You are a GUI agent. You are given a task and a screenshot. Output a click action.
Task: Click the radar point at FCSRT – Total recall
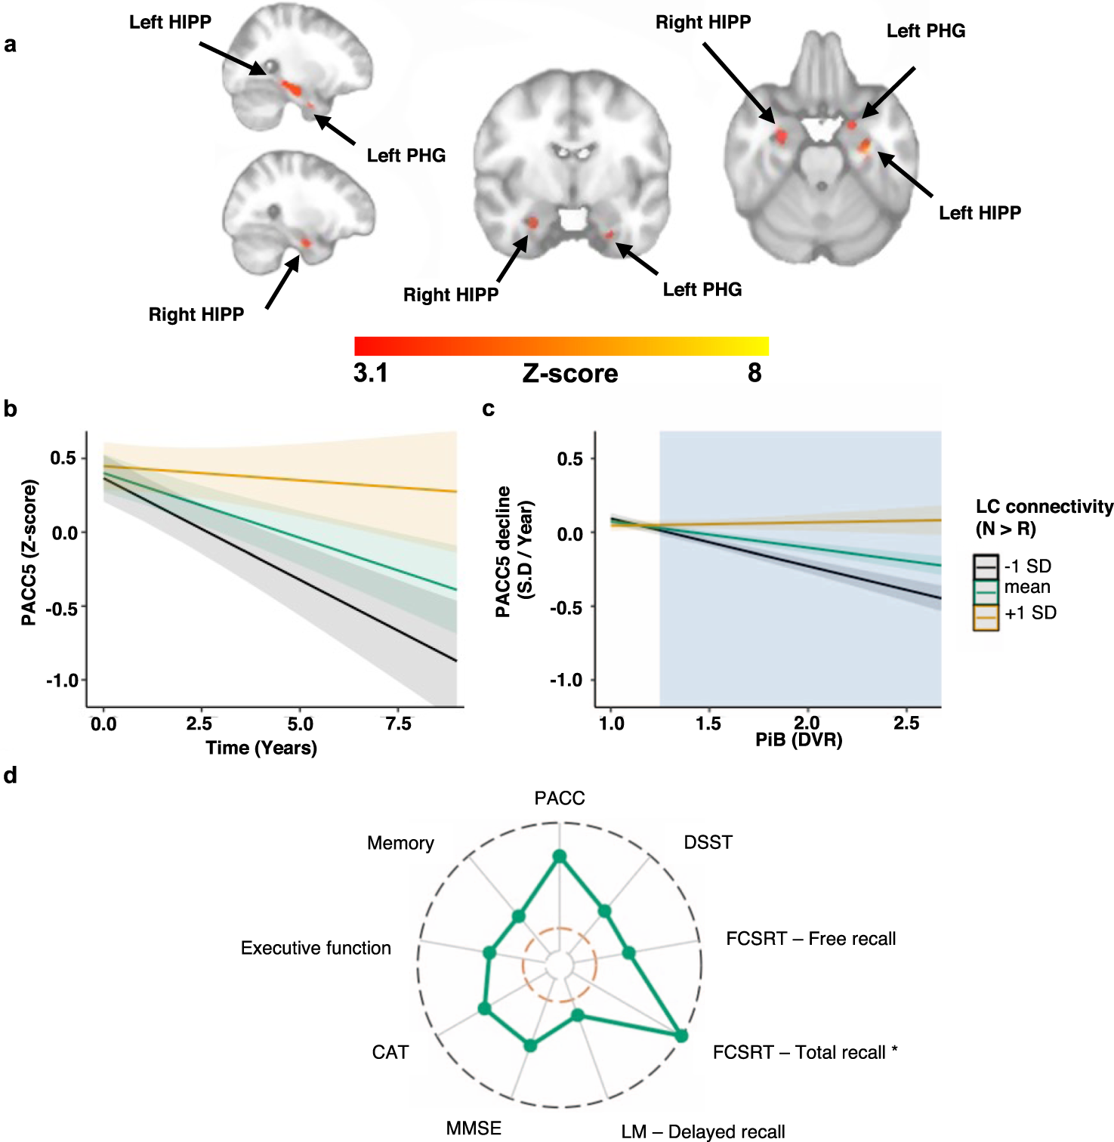(x=680, y=1036)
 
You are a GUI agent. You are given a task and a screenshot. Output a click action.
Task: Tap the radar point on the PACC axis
(x=560, y=856)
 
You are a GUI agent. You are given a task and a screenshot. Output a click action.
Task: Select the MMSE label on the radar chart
(x=474, y=1128)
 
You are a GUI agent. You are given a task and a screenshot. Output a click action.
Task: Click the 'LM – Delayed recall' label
(x=702, y=1131)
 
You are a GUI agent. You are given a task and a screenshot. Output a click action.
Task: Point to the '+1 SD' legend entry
(x=1030, y=613)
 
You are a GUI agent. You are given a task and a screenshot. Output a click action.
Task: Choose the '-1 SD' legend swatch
(x=986, y=566)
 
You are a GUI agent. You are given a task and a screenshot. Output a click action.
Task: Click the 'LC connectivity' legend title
(x=1044, y=507)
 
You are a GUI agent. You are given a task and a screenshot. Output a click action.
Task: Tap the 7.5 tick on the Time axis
(x=398, y=724)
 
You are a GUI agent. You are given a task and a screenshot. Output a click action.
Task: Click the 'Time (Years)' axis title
(x=261, y=748)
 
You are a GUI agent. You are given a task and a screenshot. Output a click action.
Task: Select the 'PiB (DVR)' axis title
(x=798, y=739)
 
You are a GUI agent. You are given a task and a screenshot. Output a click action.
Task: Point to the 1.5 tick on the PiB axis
(x=708, y=724)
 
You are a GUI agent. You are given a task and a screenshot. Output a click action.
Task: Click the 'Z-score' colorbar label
(x=570, y=373)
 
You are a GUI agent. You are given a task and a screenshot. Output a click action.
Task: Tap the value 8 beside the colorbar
(x=754, y=372)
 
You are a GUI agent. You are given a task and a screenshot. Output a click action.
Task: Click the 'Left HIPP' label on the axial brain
(x=980, y=213)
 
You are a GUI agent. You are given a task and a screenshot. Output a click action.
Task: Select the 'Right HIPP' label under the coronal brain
(x=451, y=295)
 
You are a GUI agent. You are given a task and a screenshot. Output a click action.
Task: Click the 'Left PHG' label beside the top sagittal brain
(x=406, y=156)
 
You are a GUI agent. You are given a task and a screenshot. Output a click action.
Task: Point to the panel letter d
(x=10, y=776)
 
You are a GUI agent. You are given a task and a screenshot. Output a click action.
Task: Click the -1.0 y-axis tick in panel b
(x=63, y=681)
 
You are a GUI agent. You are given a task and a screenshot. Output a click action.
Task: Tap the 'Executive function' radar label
(x=316, y=948)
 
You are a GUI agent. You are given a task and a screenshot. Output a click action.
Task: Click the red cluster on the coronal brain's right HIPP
(x=532, y=223)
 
